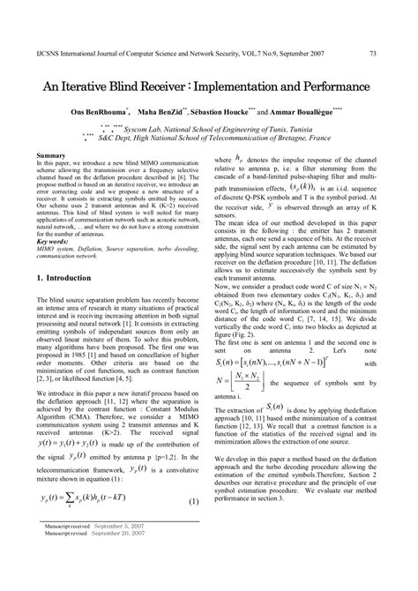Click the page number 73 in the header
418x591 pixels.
tap(373, 54)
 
